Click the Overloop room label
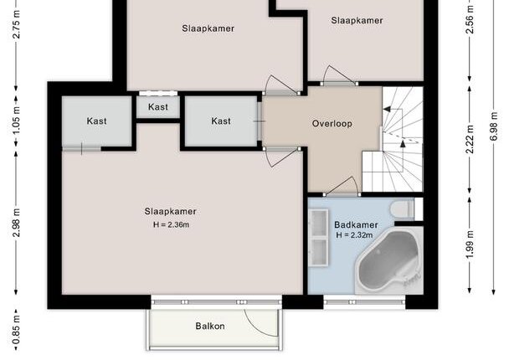332,124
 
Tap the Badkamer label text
356,224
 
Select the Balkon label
210,326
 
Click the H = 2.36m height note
171,224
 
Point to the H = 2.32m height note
354,235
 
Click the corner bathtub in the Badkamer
389,260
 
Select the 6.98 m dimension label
493,126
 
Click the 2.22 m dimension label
470,139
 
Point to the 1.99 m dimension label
470,244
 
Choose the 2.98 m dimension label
16,223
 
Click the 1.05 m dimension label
16,120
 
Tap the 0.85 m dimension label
16,331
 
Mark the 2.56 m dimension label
470,19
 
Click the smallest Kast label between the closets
158,107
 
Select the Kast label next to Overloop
221,121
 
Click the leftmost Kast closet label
97,121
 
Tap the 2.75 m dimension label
16,24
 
